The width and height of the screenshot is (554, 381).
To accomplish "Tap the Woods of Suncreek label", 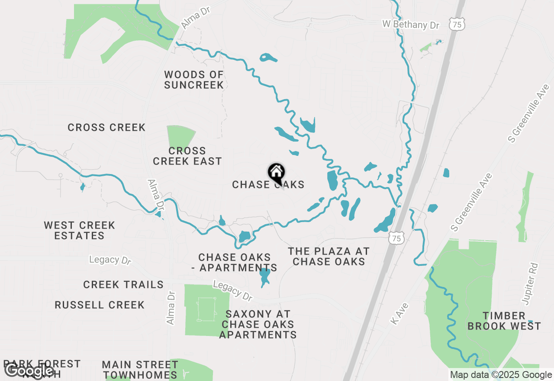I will (194, 80).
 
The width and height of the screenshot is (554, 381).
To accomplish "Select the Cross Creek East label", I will (187, 156).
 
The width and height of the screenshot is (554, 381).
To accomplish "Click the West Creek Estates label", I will (80, 230).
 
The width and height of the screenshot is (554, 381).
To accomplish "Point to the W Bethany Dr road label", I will (411, 24).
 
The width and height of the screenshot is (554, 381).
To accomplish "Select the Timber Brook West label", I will (504, 321).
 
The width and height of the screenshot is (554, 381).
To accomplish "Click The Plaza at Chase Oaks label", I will (329, 256).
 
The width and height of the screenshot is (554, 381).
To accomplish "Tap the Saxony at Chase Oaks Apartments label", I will (258, 324).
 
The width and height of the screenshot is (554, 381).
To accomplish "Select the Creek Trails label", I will (123, 284).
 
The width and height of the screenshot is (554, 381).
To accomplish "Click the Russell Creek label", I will (100, 305).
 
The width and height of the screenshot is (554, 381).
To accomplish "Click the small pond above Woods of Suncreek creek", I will (268, 58).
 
